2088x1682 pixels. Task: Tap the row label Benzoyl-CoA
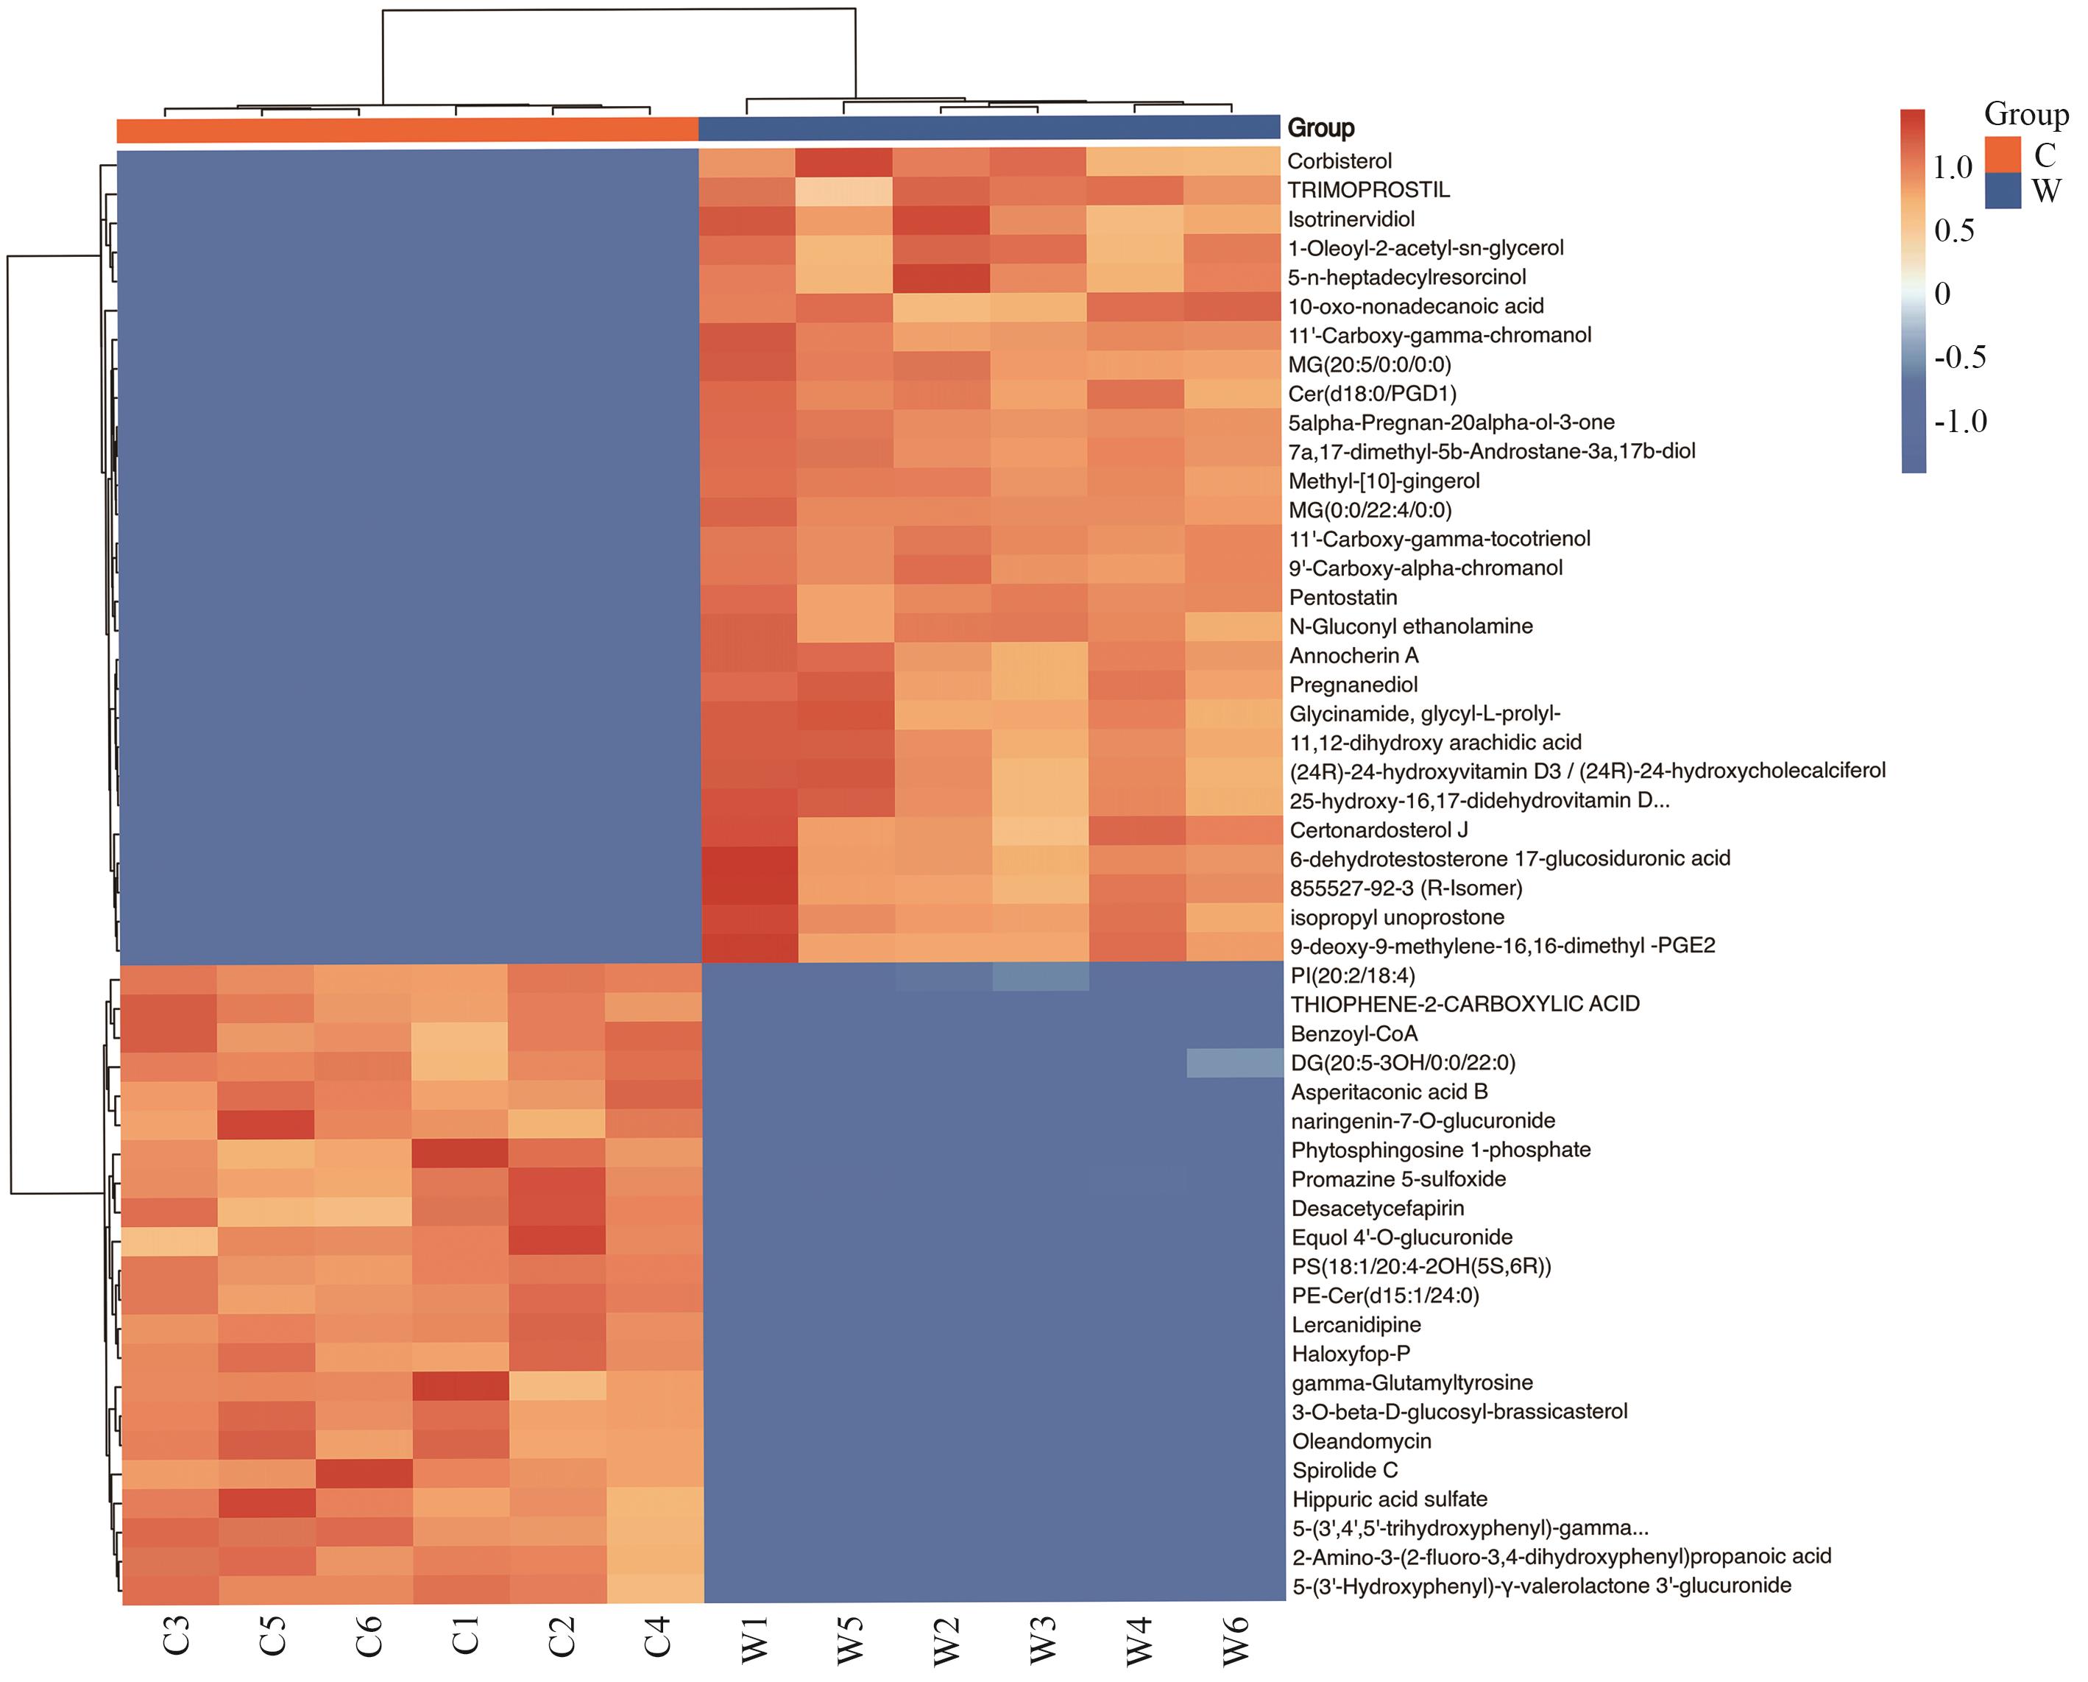(x=1353, y=1033)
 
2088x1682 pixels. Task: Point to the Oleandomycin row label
(x=1362, y=1441)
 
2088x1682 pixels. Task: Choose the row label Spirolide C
(x=1345, y=1470)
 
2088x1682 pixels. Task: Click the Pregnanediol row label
(x=1353, y=684)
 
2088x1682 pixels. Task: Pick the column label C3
(x=175, y=1636)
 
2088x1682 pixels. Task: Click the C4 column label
(x=657, y=1636)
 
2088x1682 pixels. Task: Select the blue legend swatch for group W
(x=2003, y=191)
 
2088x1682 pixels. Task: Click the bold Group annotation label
(x=1320, y=128)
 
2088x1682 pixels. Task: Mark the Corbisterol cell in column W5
(x=844, y=160)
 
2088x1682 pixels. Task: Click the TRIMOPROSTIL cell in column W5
(x=844, y=190)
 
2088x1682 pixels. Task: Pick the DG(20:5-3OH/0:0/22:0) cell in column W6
(x=1236, y=1062)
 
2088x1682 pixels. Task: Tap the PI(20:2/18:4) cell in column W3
(x=1041, y=975)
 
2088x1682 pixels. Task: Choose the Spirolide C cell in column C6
(x=364, y=1470)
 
